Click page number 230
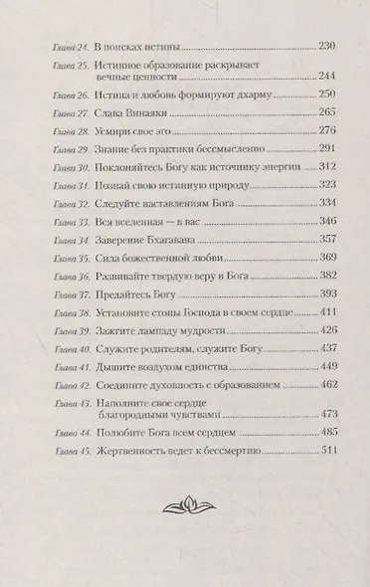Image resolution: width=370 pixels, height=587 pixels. pyautogui.click(x=323, y=47)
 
